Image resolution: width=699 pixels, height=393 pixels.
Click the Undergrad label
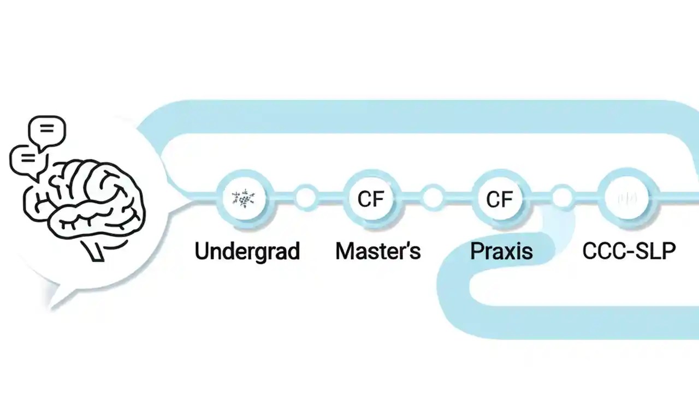(247, 252)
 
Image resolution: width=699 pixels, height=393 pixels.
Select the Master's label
(378, 252)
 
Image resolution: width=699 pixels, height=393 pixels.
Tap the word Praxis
(501, 252)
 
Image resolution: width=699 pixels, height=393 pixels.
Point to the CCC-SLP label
(629, 252)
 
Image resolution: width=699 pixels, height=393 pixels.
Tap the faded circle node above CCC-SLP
(623, 198)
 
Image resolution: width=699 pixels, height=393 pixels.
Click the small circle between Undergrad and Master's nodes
(306, 198)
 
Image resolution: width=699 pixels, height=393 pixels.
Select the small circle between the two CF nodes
(434, 198)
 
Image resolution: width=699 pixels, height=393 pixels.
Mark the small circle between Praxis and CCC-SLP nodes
(562, 198)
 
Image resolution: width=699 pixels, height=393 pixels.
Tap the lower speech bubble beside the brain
(26, 160)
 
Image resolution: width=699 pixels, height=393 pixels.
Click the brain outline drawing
(87, 202)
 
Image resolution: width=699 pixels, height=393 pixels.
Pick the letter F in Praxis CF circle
(507, 199)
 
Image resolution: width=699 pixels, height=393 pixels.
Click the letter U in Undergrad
(202, 252)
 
